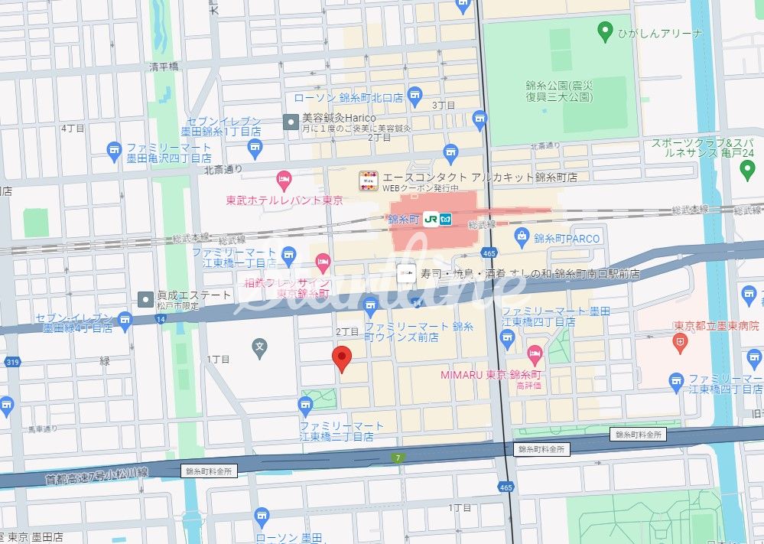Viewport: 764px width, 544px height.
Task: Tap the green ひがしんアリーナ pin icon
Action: pyautogui.click(x=604, y=32)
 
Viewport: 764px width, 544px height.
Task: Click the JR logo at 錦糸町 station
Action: pyautogui.click(x=431, y=219)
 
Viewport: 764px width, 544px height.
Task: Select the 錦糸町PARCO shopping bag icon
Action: pyautogui.click(x=523, y=236)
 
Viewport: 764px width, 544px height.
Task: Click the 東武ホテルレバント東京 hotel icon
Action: pyautogui.click(x=284, y=181)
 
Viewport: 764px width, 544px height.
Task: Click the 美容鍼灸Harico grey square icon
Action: pyautogui.click(x=291, y=122)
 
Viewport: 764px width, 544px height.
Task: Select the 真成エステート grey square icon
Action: pyautogui.click(x=145, y=298)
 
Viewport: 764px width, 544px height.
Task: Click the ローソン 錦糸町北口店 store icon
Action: pyautogui.click(x=415, y=95)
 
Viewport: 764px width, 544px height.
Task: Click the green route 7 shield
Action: pyautogui.click(x=397, y=458)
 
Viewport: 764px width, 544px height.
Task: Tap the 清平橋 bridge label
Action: pyautogui.click(x=164, y=67)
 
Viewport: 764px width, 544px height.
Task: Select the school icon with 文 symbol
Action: pyautogui.click(x=261, y=350)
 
